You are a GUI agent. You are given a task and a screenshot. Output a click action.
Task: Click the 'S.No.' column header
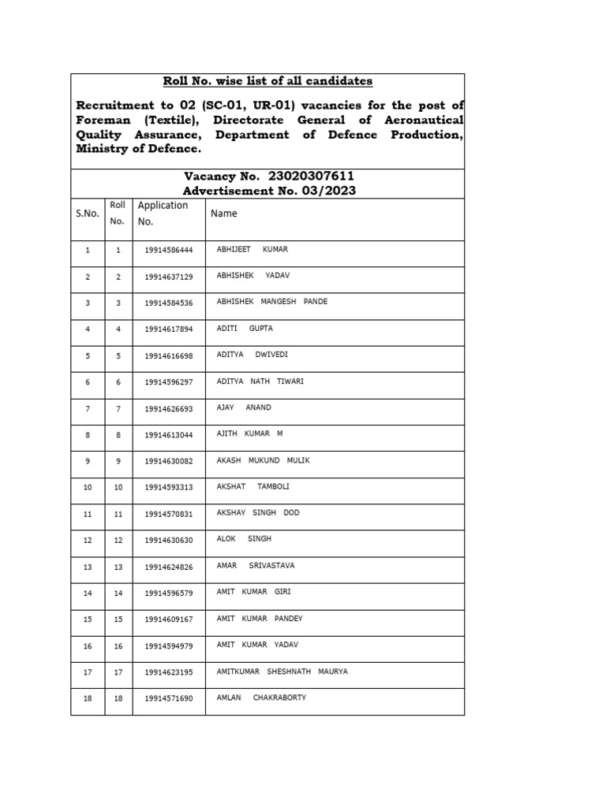coord(88,213)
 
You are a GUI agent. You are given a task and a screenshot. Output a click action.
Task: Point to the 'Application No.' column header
coord(163,213)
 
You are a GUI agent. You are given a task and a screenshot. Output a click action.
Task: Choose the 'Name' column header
coord(223,213)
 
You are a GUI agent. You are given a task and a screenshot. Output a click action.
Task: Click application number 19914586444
coord(168,251)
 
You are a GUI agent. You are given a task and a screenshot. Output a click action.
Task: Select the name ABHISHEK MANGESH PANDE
coord(271,302)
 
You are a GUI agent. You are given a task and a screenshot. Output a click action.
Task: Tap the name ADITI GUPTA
coord(244,329)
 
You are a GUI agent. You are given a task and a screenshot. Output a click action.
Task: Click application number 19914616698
coord(168,356)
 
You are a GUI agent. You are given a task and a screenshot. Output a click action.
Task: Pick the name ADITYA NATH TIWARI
coord(260,381)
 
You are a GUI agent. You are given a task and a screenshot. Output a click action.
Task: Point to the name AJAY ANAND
coord(243,407)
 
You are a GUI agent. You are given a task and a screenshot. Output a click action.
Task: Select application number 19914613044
coord(168,435)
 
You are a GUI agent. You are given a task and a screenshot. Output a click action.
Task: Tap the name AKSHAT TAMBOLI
coord(252,486)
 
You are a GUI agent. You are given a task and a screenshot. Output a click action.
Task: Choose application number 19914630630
coord(168,541)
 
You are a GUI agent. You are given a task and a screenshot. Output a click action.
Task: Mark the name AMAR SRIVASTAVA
coord(255,566)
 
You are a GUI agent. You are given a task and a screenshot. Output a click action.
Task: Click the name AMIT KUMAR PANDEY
coord(259,619)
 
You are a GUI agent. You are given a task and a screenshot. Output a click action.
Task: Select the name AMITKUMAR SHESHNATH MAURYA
coord(282,671)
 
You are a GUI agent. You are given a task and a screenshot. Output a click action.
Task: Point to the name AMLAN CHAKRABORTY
coord(261,697)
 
